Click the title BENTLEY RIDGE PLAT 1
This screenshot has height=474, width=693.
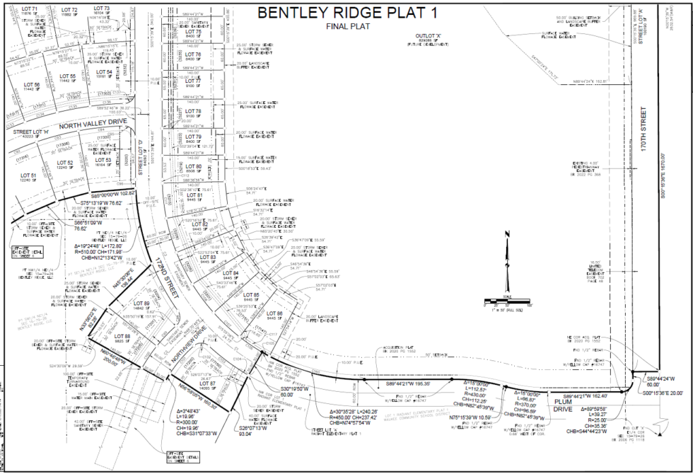[347, 13]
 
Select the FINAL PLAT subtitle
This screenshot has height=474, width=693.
[346, 26]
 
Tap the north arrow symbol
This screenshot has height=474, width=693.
[506, 251]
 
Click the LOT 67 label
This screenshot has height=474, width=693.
[208, 383]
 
